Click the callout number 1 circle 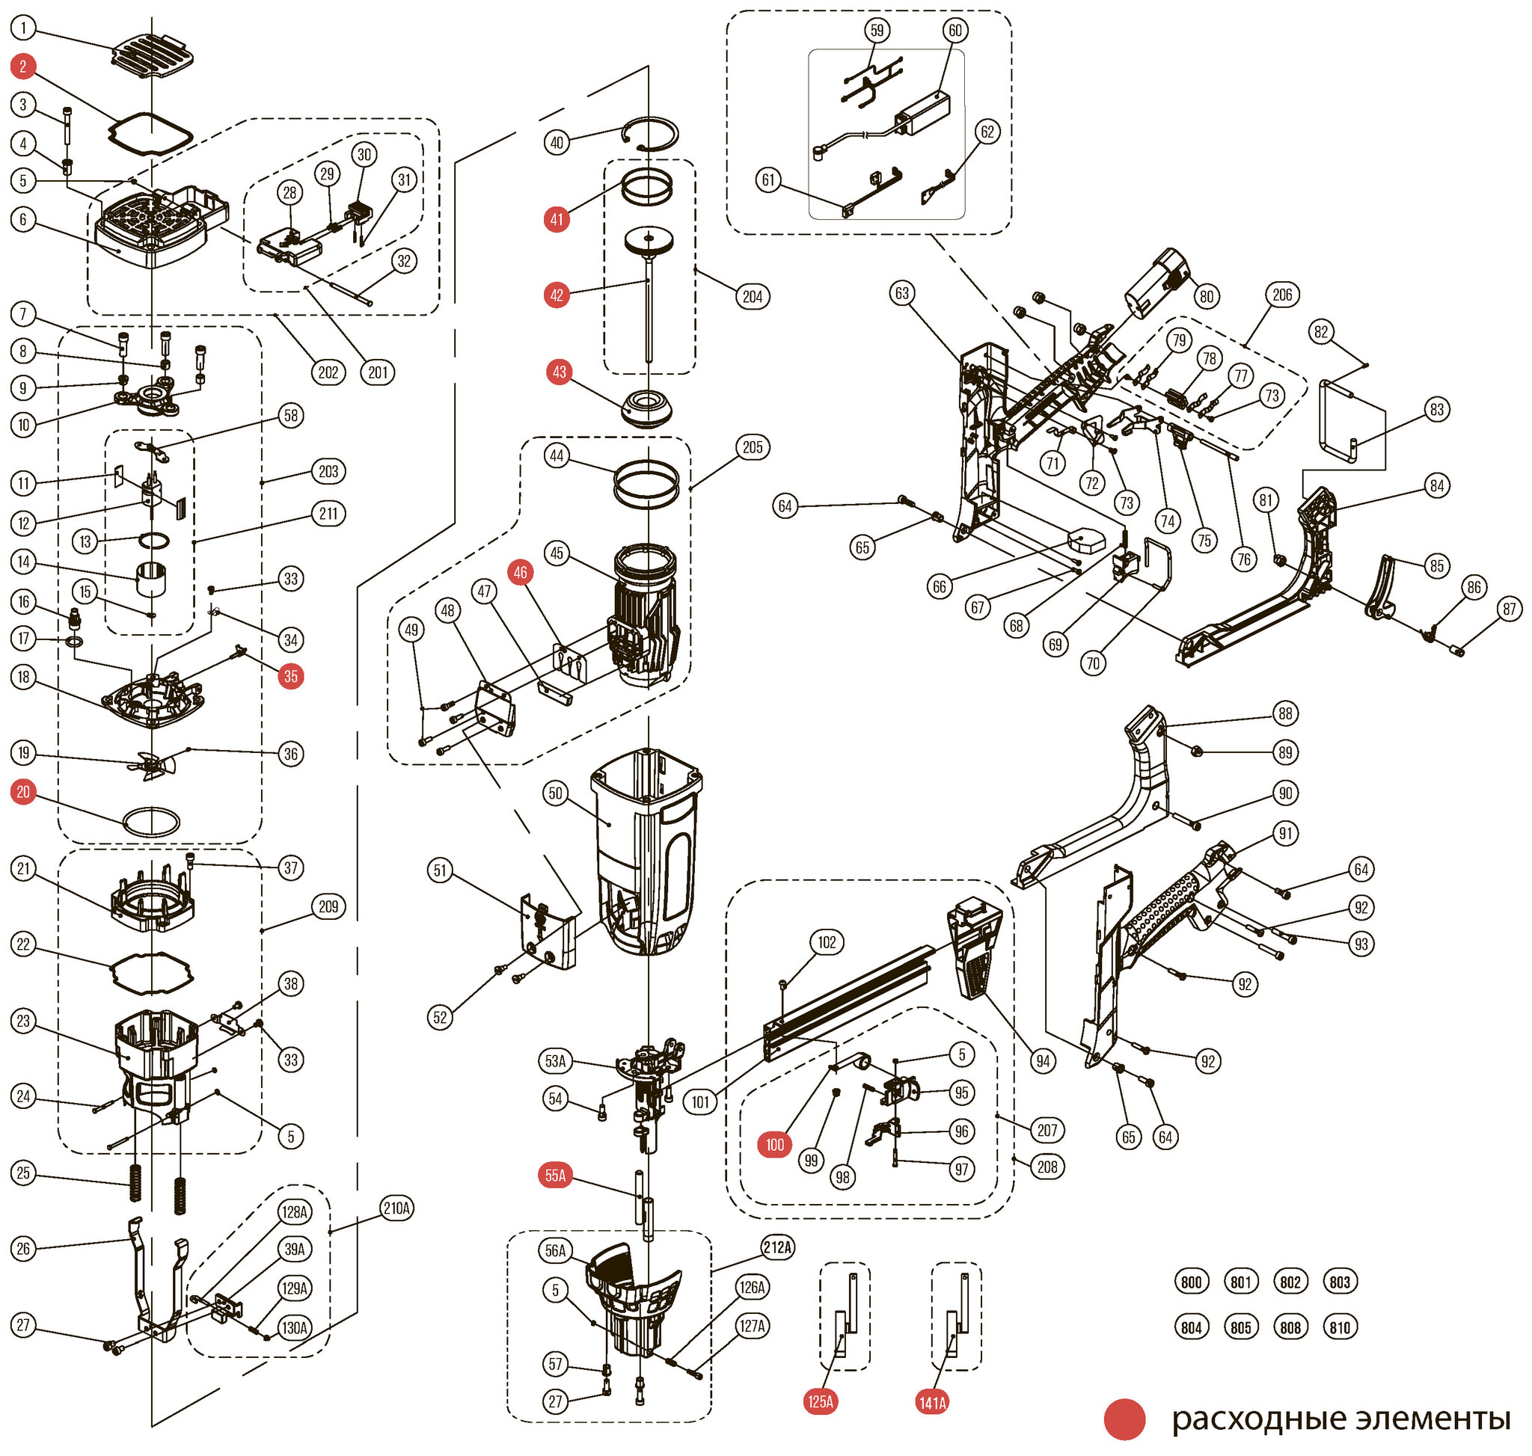23,29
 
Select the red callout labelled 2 23,67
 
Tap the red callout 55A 555,1176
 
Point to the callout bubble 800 1191,1283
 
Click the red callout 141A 933,1402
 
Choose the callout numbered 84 1437,486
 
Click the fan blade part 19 156,764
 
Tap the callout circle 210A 396,1208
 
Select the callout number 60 955,31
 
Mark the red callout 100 775,1145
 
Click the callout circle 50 555,793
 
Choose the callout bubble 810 1340,1327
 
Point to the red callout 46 520,573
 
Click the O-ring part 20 151,821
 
